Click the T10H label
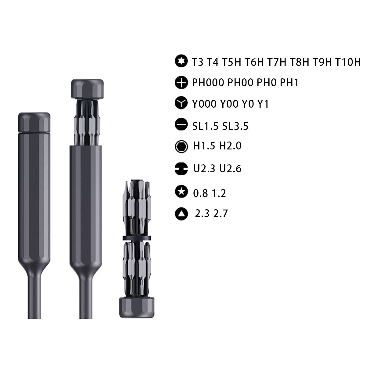(348, 62)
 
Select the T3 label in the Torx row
(198, 62)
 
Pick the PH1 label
(289, 83)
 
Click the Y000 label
(204, 104)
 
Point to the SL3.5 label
(235, 126)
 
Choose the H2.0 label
(230, 146)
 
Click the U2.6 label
(230, 168)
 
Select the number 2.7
(221, 213)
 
